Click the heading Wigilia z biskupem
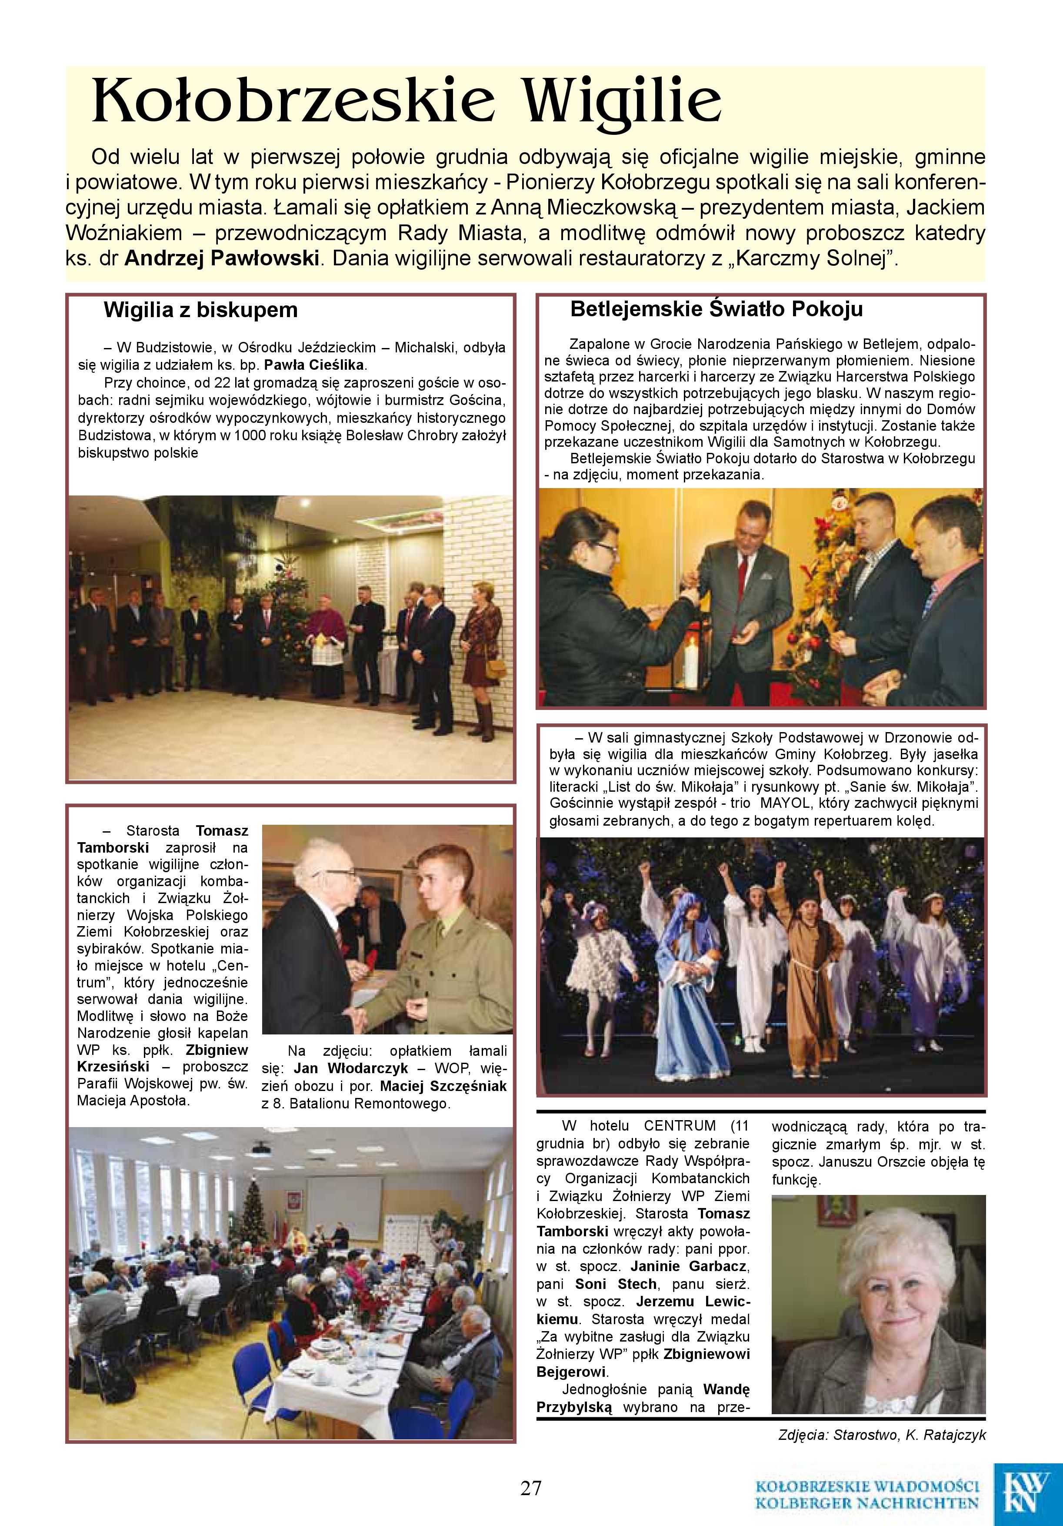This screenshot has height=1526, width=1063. pyautogui.click(x=200, y=311)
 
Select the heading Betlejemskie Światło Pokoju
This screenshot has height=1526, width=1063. pyautogui.click(x=716, y=309)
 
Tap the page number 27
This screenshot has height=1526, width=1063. pyautogui.click(x=531, y=1487)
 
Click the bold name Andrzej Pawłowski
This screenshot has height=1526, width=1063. pyautogui.click(x=222, y=258)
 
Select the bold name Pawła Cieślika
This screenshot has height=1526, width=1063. pyautogui.click(x=315, y=365)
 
